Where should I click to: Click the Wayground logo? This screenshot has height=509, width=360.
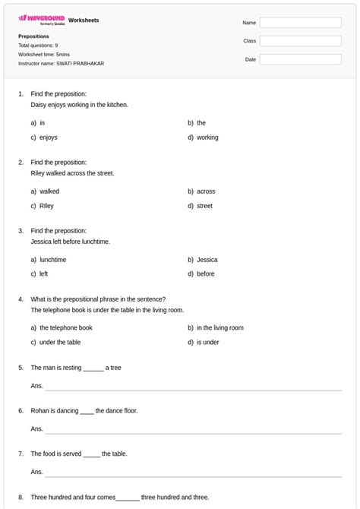pyautogui.click(x=41, y=20)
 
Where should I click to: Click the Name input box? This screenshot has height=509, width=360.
pyautogui.click(x=300, y=23)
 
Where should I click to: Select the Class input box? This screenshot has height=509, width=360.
pyautogui.click(x=300, y=41)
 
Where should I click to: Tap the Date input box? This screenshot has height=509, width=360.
pyautogui.click(x=300, y=59)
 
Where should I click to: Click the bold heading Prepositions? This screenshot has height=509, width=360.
pyautogui.click(x=33, y=36)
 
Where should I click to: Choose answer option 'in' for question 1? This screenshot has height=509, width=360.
pyautogui.click(x=43, y=123)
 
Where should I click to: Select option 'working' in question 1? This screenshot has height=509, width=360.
pyautogui.click(x=207, y=138)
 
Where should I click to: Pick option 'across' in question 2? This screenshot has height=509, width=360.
pyautogui.click(x=206, y=191)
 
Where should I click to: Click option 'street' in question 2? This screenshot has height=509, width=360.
pyautogui.click(x=205, y=206)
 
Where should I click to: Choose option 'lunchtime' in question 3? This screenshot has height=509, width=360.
pyautogui.click(x=53, y=260)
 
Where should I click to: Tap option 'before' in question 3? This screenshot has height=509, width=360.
pyautogui.click(x=206, y=274)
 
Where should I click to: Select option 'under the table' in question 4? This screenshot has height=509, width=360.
pyautogui.click(x=60, y=343)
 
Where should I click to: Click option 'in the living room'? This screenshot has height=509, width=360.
pyautogui.click(x=220, y=328)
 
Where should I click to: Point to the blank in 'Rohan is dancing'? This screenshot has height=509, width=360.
pyautogui.click(x=87, y=412)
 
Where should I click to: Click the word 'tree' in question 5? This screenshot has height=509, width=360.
pyautogui.click(x=115, y=368)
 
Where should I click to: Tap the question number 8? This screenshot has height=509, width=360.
pyautogui.click(x=21, y=498)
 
